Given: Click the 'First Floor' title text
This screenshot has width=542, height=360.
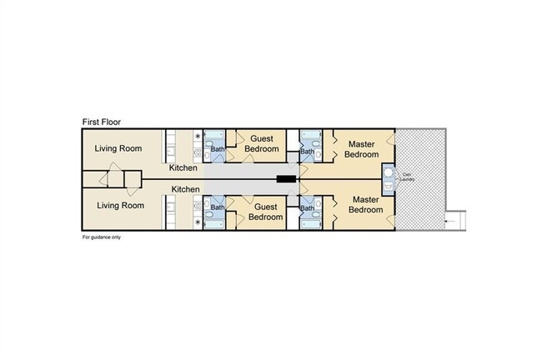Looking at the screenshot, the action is pos(102,122).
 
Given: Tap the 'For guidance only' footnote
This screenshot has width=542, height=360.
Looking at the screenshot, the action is pos(102,237).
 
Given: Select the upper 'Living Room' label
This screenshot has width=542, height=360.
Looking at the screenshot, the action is pos(118,148).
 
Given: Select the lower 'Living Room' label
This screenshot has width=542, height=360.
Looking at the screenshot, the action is pos(120,206).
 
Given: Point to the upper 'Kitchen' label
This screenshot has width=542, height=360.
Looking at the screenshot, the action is pos(183,167).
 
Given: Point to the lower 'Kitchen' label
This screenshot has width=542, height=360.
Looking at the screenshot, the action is pos(186,189).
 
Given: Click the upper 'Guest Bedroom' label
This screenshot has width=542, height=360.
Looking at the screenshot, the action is pos(262,143).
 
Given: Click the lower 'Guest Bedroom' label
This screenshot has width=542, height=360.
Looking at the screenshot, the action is pos(265,212).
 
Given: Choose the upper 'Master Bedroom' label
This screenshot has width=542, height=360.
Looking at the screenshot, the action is pos(362,149).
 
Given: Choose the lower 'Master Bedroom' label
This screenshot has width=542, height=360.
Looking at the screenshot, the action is pos(366,204).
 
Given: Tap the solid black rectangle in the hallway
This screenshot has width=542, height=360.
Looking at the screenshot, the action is pos(286,179).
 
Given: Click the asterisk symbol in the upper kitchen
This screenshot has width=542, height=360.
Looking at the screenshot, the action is pos(198,136).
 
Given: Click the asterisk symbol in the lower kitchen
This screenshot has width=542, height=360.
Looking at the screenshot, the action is pos(198,222).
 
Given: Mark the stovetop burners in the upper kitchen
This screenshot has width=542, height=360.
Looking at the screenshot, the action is pos(198,152).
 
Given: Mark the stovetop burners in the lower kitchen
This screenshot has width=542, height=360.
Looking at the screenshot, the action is pos(198,207).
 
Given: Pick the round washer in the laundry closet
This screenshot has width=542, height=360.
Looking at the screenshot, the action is pos(389,172).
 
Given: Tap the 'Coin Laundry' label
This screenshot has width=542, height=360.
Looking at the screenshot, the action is pos(407,177).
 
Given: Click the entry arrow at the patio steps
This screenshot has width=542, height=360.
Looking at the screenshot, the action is pos(450,221).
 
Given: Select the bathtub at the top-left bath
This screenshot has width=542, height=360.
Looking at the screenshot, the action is pos(214,134).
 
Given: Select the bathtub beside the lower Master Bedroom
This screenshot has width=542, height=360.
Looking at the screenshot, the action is pos(311,224).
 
